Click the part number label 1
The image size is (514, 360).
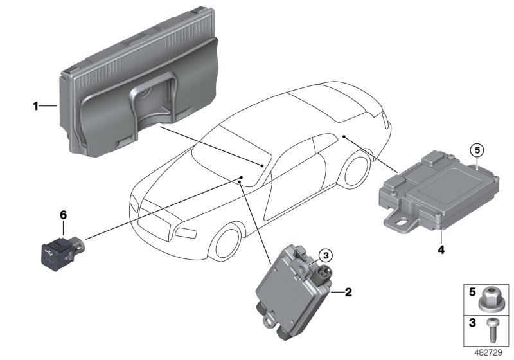35,106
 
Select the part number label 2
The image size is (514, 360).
348,292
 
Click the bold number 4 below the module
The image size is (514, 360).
441,249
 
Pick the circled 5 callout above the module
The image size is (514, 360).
477,150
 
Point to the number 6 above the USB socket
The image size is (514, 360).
63,215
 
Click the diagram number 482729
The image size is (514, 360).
488,352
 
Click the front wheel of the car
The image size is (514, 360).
226,242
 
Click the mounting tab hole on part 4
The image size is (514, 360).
402,222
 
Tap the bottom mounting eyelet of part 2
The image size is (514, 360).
270,321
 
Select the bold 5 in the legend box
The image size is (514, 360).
472,292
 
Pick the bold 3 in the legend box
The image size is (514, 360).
472,323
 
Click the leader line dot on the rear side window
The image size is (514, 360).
344,136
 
